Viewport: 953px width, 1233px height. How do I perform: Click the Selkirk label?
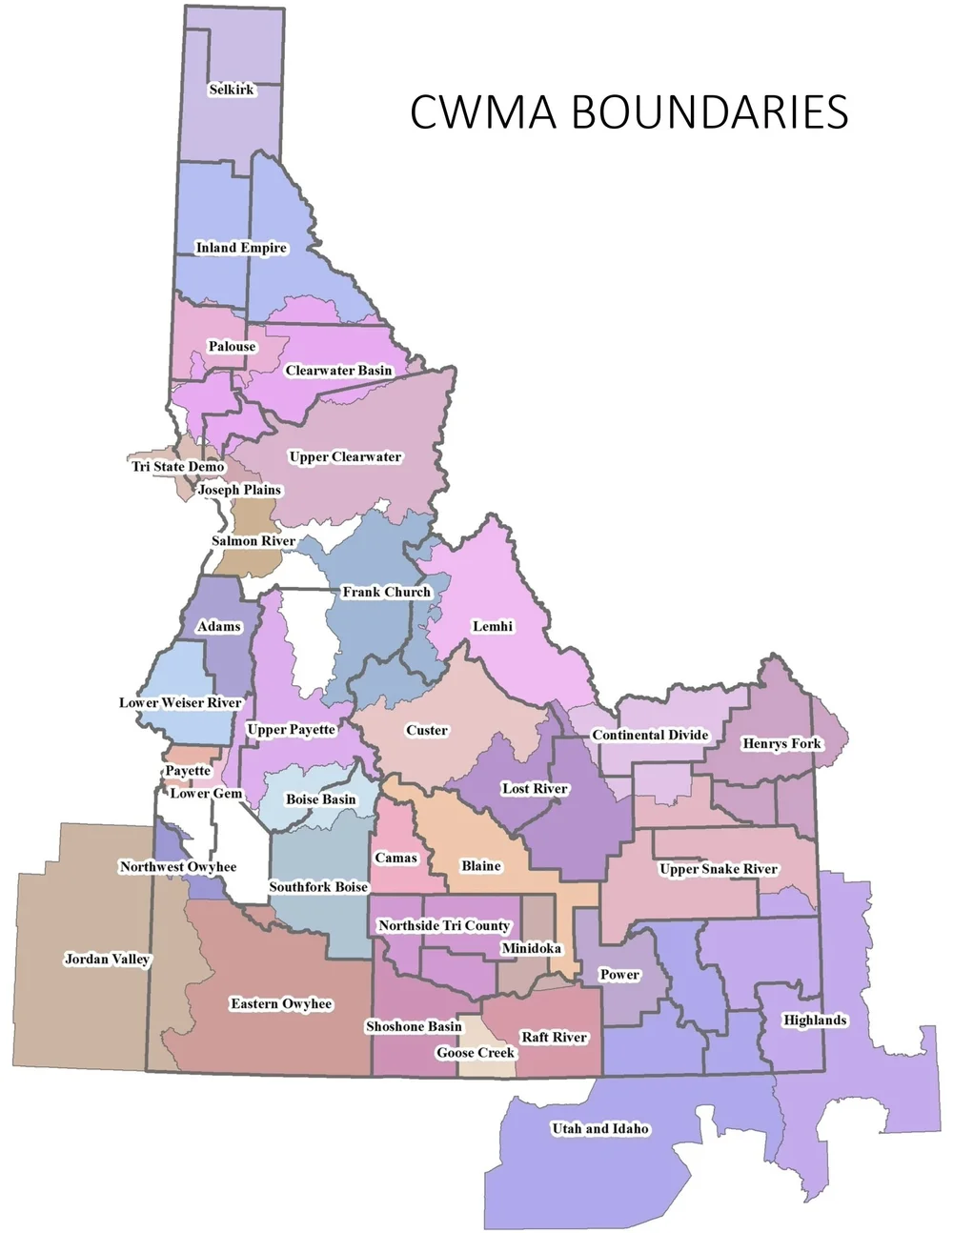point(232,90)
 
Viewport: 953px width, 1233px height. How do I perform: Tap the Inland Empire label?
point(241,248)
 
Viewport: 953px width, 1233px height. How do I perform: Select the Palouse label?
point(232,347)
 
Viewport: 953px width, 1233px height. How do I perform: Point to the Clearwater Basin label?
point(338,371)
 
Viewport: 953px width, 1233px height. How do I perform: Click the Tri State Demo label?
point(178,467)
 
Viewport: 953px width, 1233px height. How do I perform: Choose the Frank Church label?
point(386,592)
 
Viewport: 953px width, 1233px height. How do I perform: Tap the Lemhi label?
point(493,626)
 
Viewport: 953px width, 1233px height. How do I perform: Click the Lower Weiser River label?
point(180,703)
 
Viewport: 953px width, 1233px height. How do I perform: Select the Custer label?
point(426,731)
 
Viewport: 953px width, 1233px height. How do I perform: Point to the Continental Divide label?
point(650,735)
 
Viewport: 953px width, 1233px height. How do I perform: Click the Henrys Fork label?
point(781,743)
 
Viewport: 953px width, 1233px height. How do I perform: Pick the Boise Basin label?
point(320,799)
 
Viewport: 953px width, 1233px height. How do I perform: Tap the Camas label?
point(395,858)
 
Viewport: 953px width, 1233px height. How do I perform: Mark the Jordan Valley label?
point(107,959)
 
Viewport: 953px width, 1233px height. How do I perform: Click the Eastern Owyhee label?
point(281,1003)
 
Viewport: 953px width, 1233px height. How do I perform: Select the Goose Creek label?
point(475,1053)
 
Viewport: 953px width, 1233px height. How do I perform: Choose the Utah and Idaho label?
point(600,1129)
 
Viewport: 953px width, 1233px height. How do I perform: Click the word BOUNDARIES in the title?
point(709,112)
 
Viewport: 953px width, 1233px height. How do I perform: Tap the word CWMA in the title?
point(483,112)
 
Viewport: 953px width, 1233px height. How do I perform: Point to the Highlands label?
point(814,1021)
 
